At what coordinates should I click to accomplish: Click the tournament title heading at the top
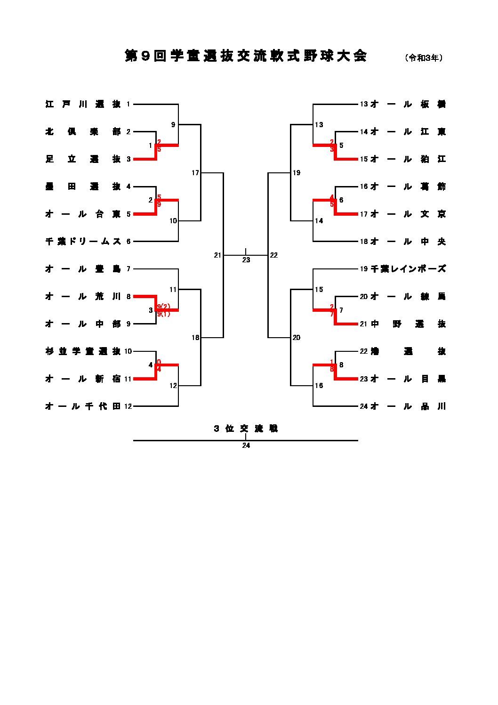click(x=245, y=56)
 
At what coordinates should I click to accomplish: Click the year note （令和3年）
click(x=424, y=58)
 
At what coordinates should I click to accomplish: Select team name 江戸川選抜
click(x=83, y=105)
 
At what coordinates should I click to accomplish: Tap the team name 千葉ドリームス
click(x=83, y=242)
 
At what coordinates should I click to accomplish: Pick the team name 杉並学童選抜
click(x=83, y=351)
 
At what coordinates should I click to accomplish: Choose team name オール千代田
click(x=83, y=406)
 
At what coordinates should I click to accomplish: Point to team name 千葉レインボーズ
click(x=408, y=269)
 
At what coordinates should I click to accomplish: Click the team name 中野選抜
click(x=408, y=324)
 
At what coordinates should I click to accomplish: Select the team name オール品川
click(x=408, y=406)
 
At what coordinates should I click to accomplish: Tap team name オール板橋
click(x=408, y=105)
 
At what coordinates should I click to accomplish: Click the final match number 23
click(x=246, y=260)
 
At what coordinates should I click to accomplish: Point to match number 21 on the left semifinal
click(x=217, y=255)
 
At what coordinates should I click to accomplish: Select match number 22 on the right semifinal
click(x=274, y=255)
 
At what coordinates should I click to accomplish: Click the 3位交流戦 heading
click(x=246, y=429)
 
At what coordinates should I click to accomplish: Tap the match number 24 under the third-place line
click(x=246, y=446)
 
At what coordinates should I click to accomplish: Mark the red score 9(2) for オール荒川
click(x=164, y=307)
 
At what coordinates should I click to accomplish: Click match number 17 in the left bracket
click(x=195, y=173)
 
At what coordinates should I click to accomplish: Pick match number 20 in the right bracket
click(x=296, y=338)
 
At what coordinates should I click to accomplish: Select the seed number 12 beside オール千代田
click(x=128, y=406)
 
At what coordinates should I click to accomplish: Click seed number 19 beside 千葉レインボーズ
click(x=363, y=269)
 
